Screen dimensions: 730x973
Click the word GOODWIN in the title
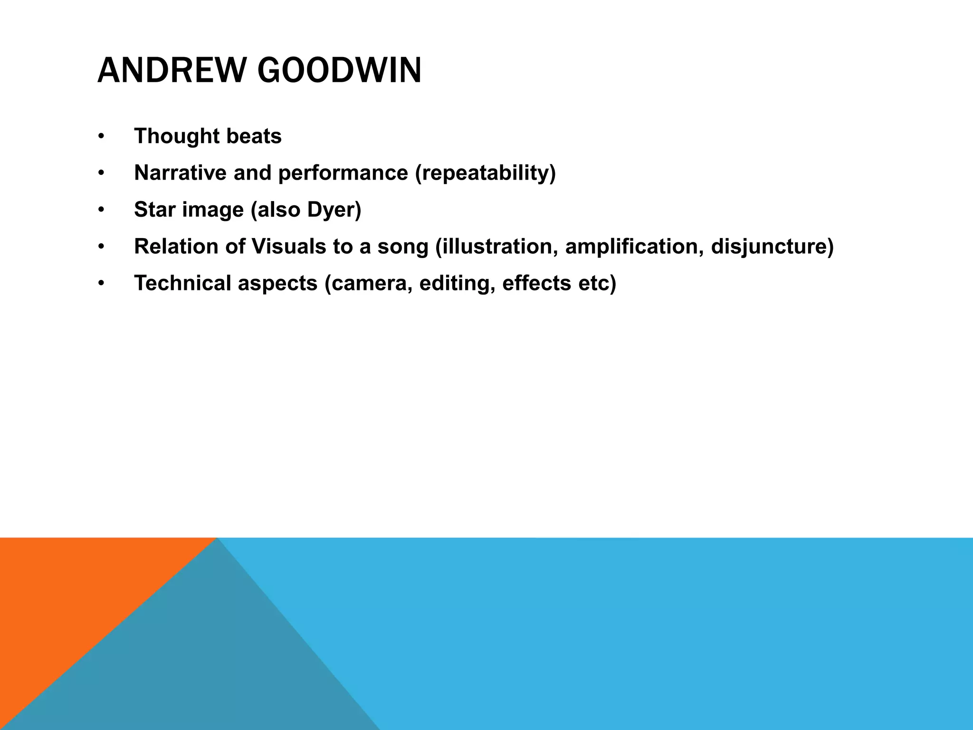(x=339, y=71)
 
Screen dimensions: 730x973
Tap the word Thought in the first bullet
(x=176, y=136)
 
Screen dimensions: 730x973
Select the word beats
(x=254, y=136)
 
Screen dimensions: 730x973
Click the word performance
(x=343, y=173)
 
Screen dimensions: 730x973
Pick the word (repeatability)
(x=485, y=173)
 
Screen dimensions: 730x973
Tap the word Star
(x=154, y=210)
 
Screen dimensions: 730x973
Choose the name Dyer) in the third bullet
(x=334, y=210)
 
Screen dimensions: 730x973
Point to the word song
(x=402, y=247)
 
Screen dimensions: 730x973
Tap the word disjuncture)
(x=772, y=246)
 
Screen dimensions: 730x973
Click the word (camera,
(x=368, y=283)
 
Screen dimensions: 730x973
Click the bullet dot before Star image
(x=101, y=210)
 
